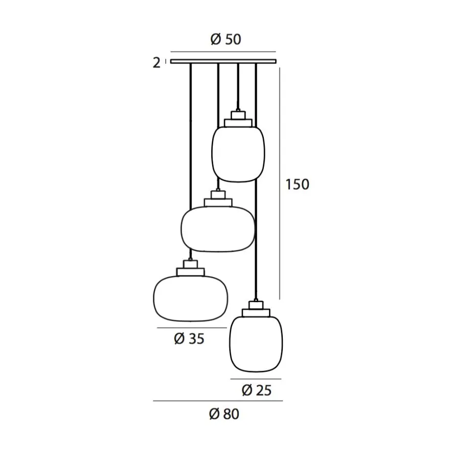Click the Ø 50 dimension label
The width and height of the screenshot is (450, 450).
(226, 39)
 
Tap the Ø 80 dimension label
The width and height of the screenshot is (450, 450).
(224, 414)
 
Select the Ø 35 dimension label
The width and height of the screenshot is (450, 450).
(189, 339)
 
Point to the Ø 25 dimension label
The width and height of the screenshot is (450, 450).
(256, 390)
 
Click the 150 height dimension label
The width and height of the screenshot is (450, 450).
(297, 184)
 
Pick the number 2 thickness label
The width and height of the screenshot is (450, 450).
(156, 63)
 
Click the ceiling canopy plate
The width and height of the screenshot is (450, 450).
(223, 61)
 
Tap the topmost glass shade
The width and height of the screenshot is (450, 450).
(238, 154)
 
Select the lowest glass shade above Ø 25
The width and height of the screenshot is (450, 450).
(256, 344)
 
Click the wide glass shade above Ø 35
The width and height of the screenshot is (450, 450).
(191, 299)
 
